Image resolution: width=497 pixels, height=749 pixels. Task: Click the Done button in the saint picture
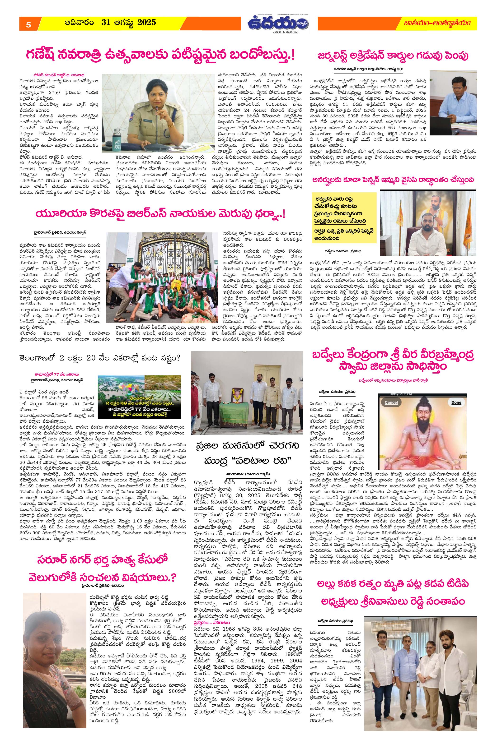(456, 402)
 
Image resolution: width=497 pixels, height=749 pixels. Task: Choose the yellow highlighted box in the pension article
(344, 217)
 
